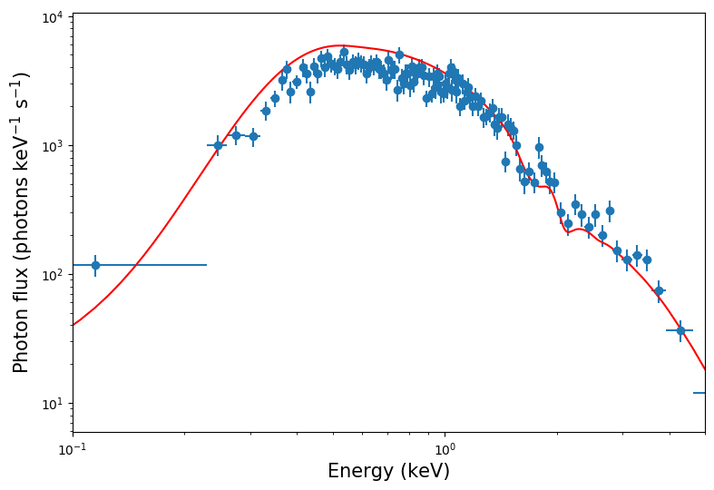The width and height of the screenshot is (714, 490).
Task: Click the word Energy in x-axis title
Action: point(359,472)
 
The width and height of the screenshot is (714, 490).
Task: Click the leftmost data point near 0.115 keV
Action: point(95,265)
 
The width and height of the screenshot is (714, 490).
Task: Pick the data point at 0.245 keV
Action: point(218,145)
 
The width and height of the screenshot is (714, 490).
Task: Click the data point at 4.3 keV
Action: point(680,330)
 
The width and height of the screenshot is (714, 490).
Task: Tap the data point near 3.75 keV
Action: point(659,290)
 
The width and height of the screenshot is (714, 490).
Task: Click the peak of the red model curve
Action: point(340,45)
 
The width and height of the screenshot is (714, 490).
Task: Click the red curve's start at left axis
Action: point(73,325)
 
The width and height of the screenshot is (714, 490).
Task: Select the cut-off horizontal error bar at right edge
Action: point(699,393)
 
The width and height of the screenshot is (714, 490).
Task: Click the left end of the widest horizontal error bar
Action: point(73,265)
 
